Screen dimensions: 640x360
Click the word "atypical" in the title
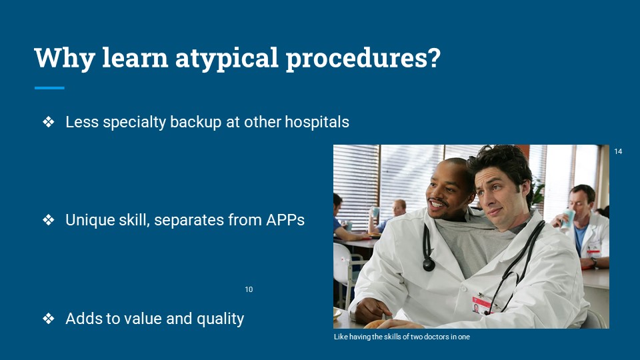tap(227, 59)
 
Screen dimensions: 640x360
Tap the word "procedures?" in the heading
tap(363, 59)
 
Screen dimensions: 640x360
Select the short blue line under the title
tap(49, 88)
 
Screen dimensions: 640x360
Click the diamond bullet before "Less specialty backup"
tap(49, 121)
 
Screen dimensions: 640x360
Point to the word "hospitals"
tap(317, 121)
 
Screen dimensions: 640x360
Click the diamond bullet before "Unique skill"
tap(49, 220)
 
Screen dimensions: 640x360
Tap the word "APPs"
tap(285, 220)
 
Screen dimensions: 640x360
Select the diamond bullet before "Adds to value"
tap(49, 319)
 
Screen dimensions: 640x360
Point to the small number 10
tap(249, 289)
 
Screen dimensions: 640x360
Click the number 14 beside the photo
tap(618, 151)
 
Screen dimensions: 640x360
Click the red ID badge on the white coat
tap(481, 305)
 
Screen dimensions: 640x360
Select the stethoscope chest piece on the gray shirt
tap(429, 265)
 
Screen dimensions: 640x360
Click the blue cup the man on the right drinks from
tap(568, 219)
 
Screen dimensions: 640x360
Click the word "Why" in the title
tap(65, 59)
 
